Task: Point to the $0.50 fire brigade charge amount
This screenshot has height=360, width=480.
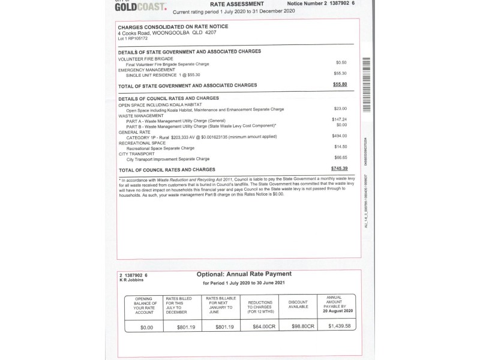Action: pyautogui.click(x=341, y=62)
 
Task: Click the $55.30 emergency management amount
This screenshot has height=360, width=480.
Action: pyautogui.click(x=340, y=73)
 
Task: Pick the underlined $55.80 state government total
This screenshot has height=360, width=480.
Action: pyautogui.click(x=340, y=85)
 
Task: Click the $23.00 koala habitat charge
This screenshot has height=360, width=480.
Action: pyautogui.click(x=340, y=109)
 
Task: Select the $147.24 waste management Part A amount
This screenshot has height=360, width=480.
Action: pyautogui.click(x=339, y=119)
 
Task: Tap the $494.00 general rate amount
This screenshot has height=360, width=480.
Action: pyautogui.click(x=339, y=136)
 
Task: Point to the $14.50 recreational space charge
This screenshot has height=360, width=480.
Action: pyautogui.click(x=340, y=147)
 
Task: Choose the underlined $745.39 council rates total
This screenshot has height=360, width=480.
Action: pyautogui.click(x=338, y=169)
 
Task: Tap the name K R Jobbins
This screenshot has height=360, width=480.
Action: pyautogui.click(x=131, y=280)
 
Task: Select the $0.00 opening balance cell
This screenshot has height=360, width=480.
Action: pyautogui.click(x=146, y=327)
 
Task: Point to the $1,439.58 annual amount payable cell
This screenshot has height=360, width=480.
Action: pyautogui.click(x=340, y=326)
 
